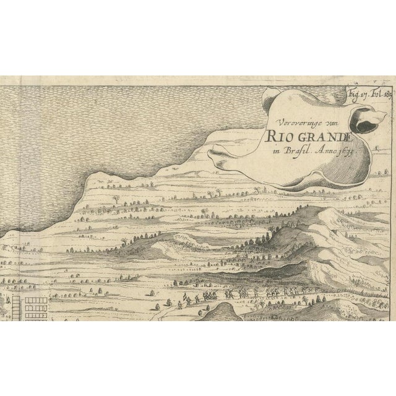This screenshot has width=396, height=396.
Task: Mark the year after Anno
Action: coord(346,148)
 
